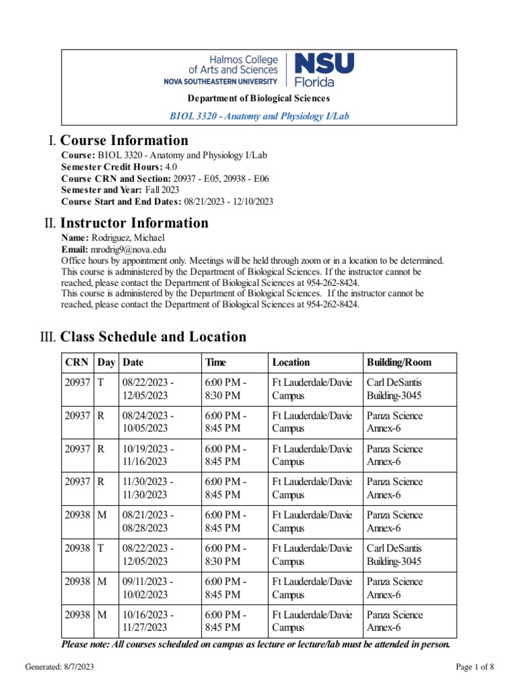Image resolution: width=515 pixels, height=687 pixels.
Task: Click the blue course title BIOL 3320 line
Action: click(259, 116)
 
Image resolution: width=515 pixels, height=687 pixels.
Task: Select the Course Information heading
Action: click(124, 140)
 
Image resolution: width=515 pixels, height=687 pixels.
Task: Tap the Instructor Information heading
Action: click(134, 223)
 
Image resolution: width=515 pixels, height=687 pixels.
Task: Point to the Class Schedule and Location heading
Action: click(153, 337)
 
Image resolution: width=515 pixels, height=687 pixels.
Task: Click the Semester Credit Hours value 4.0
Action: click(171, 166)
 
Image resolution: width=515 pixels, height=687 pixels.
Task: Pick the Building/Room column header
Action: click(399, 363)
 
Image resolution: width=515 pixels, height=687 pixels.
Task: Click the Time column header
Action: click(215, 363)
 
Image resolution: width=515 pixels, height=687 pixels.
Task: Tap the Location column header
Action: click(291, 363)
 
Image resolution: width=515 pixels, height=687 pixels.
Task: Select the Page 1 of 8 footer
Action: click(475, 667)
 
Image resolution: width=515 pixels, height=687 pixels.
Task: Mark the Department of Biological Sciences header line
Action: click(259, 99)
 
